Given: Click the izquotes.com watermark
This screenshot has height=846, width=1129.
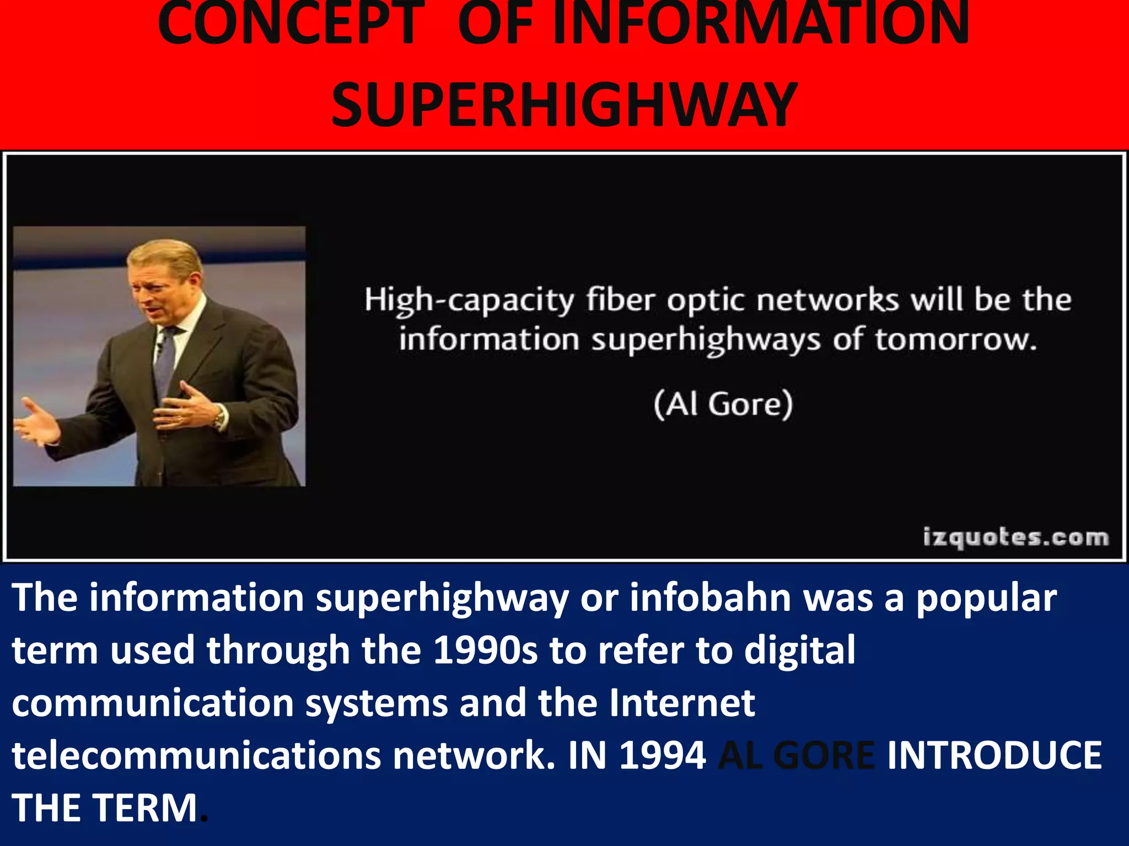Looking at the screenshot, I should point(1015,537).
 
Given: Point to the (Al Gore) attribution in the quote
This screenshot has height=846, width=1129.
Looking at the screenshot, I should point(723,405).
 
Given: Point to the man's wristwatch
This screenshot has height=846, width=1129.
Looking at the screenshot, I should point(220,417).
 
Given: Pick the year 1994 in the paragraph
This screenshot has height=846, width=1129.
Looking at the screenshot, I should point(662,755).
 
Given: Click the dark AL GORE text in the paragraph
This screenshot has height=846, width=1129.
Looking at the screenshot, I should point(797,755).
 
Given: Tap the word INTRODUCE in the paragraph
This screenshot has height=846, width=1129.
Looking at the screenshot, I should point(994,755).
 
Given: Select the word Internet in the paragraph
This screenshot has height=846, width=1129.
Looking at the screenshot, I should point(682,703).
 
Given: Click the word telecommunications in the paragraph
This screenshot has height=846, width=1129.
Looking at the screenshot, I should point(196,755).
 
